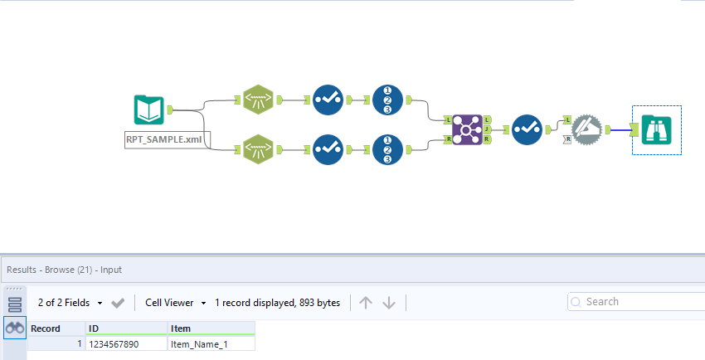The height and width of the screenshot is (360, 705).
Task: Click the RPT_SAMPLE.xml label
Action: pyautogui.click(x=163, y=139)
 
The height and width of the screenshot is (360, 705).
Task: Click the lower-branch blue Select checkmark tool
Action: pyautogui.click(x=328, y=149)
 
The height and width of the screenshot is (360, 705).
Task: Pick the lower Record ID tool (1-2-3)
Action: pyautogui.click(x=388, y=149)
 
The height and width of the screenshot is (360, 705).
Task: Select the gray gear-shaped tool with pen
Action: pyautogui.click(x=588, y=129)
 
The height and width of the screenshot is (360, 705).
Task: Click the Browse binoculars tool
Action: pyautogui.click(x=656, y=129)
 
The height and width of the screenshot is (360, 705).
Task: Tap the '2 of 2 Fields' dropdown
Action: pyautogui.click(x=70, y=303)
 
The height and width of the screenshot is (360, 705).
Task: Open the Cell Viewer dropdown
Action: pyautogui.click(x=175, y=303)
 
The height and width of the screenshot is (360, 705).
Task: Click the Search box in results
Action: pyautogui.click(x=639, y=301)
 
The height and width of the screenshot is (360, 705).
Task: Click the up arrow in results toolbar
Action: pyautogui.click(x=366, y=303)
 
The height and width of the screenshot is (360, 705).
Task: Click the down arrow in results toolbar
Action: pyautogui.click(x=389, y=303)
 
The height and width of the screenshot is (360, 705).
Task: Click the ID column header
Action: pyautogui.click(x=124, y=328)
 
